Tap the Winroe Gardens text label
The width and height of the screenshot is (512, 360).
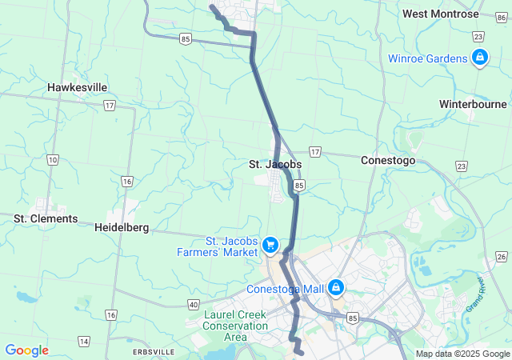(x=427, y=58)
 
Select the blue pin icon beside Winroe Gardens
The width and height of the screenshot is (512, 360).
(x=480, y=58)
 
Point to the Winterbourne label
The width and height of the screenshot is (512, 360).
(x=473, y=104)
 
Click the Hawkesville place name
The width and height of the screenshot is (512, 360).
(x=77, y=87)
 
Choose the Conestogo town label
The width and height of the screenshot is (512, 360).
(x=388, y=160)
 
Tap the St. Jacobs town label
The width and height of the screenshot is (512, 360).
(x=274, y=164)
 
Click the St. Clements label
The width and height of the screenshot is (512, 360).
(x=46, y=218)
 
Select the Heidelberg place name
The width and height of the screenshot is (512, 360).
(x=122, y=227)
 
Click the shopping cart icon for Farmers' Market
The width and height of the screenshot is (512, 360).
(x=270, y=244)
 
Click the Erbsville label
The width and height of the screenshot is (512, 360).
(x=154, y=352)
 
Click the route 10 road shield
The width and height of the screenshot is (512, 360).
(x=52, y=160)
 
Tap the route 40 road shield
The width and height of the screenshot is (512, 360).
(x=194, y=304)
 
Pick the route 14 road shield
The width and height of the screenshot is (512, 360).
(x=84, y=342)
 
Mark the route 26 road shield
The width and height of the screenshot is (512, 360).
(x=501, y=256)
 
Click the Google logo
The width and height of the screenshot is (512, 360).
(x=26, y=350)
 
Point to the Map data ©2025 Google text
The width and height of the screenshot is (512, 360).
(x=462, y=354)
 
